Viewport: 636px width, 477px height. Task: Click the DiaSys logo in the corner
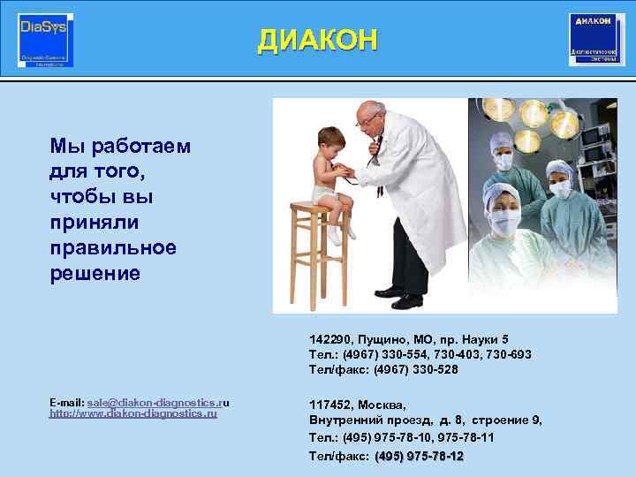point(46,40)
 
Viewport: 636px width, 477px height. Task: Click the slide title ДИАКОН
point(318,40)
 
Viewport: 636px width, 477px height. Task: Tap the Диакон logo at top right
point(596,40)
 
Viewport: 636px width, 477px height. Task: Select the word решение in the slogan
point(95,273)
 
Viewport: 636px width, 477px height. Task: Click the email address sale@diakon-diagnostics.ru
point(155,402)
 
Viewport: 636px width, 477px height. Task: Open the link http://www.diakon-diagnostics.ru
point(132,413)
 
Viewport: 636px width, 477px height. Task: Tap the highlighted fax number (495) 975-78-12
point(419,456)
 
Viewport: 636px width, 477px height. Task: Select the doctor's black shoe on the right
point(407,301)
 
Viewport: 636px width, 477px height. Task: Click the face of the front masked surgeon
point(501,219)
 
